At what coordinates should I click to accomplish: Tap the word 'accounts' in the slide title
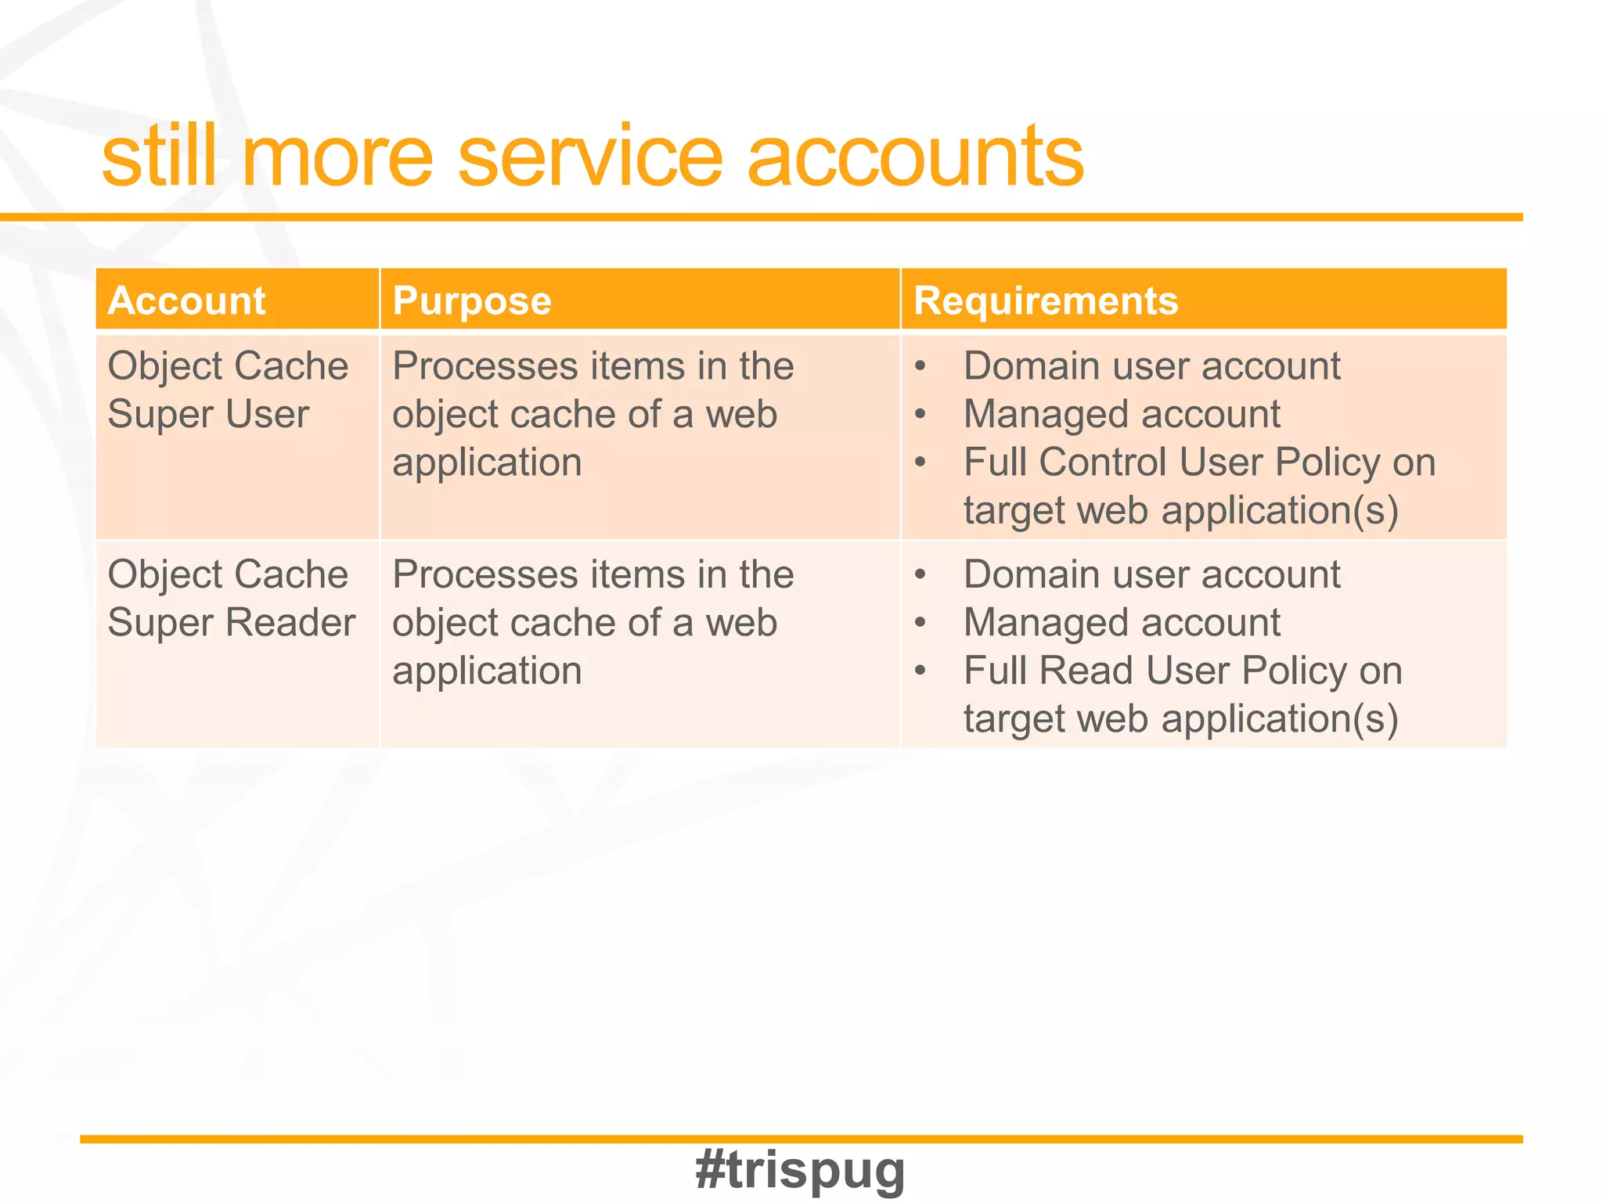pyautogui.click(x=915, y=158)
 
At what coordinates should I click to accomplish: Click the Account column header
pyautogui.click(x=187, y=300)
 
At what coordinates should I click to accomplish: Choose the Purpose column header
pyautogui.click(x=472, y=300)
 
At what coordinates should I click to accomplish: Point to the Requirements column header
pyautogui.click(x=1046, y=300)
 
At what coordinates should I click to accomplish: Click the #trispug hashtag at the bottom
pyautogui.click(x=800, y=1170)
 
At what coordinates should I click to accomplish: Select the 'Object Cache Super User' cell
pyautogui.click(x=227, y=390)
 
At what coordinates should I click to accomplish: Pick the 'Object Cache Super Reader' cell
pyautogui.click(x=231, y=599)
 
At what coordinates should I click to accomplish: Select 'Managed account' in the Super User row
pyautogui.click(x=1122, y=414)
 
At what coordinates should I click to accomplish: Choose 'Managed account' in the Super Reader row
pyautogui.click(x=1122, y=623)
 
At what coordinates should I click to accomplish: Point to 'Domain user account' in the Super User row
pyautogui.click(x=1151, y=366)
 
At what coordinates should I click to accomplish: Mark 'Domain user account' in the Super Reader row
pyautogui.click(x=1151, y=575)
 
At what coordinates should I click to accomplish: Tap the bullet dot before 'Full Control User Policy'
pyautogui.click(x=920, y=462)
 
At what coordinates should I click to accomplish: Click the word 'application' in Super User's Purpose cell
pyautogui.click(x=487, y=462)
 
